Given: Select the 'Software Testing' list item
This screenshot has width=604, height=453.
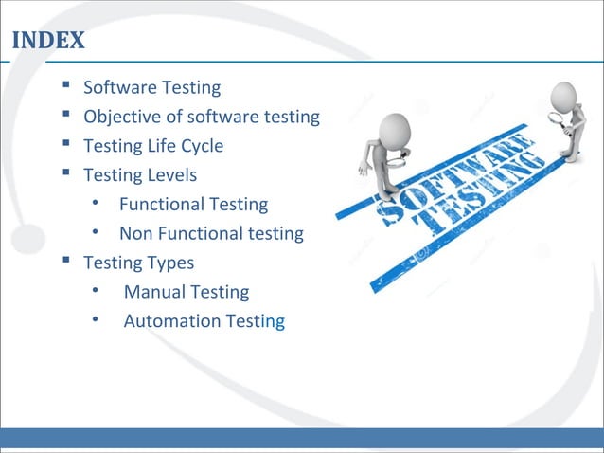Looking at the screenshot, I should (151, 88).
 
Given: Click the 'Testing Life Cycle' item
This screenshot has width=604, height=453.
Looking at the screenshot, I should (153, 146).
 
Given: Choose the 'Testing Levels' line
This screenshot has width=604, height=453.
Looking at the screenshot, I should (140, 175).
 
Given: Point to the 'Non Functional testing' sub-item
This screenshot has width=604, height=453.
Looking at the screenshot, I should (210, 233).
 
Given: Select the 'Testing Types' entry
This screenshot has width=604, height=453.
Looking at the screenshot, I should (138, 262).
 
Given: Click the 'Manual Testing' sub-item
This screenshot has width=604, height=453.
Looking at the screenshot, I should (186, 292).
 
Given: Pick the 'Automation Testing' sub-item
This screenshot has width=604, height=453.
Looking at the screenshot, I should (204, 321).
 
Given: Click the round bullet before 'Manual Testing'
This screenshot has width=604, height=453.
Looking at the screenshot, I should (96, 291).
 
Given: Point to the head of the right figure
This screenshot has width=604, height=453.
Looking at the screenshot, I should (564, 94).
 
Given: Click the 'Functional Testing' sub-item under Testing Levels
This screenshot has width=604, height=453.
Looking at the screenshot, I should (193, 204).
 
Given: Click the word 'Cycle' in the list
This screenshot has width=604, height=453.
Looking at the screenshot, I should (202, 146).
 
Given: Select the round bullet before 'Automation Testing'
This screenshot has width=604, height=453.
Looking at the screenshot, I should (96, 320).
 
